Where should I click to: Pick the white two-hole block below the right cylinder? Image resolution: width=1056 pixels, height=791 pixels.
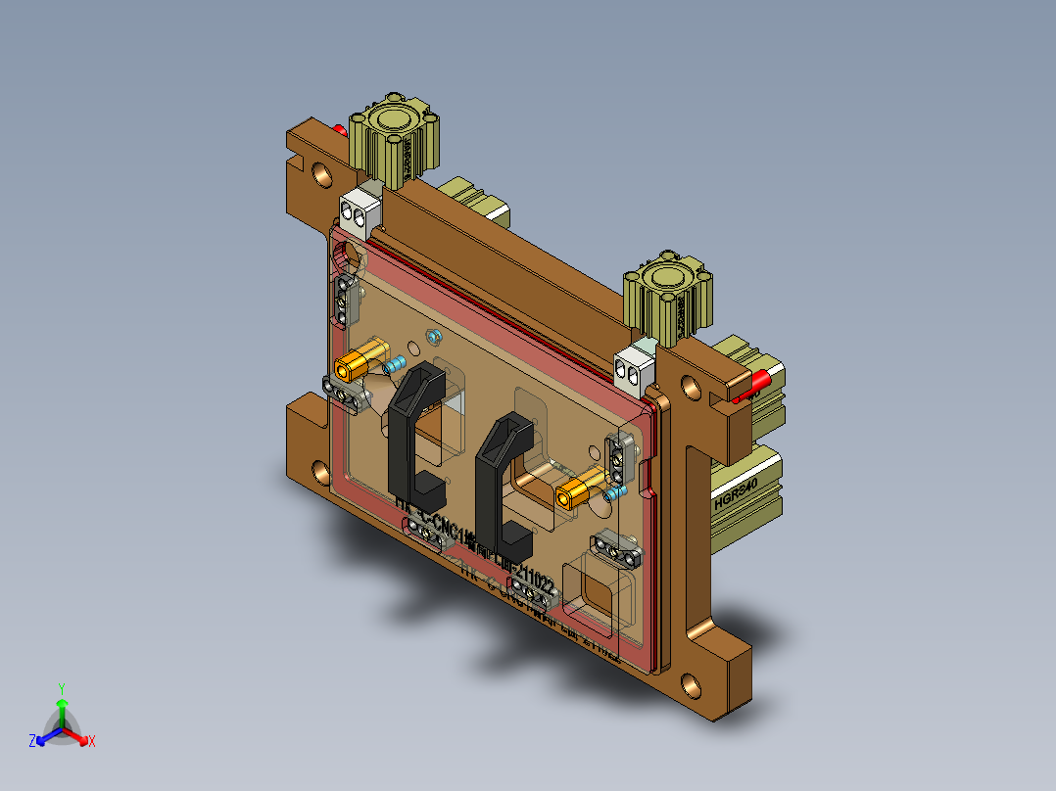[x=634, y=367]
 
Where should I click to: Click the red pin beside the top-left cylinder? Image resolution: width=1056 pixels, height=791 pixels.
[x=340, y=129]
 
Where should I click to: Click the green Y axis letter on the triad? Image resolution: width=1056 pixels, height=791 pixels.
[x=61, y=688]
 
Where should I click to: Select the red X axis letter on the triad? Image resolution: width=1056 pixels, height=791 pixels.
[x=92, y=741]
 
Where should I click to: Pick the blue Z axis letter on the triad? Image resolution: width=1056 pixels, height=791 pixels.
[x=32, y=741]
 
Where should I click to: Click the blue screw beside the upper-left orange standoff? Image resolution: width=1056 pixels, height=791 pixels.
[x=395, y=365]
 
